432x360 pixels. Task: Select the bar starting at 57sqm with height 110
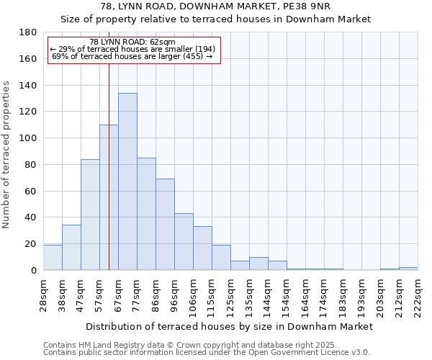click(109, 197)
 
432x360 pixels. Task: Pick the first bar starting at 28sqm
click(53, 258)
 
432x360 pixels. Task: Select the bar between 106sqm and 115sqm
click(202, 248)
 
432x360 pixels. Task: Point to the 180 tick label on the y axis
click(29, 32)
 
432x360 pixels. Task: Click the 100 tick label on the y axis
click(29, 138)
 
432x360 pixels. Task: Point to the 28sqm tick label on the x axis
click(44, 292)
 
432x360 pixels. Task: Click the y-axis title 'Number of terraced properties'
click(6, 155)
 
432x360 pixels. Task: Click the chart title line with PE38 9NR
click(215, 6)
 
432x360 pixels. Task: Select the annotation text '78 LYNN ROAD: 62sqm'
click(133, 42)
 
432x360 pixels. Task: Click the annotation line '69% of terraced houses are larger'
click(133, 56)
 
